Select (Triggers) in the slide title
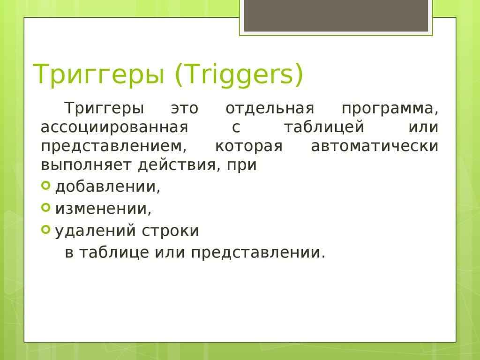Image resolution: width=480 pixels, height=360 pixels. pos(239,75)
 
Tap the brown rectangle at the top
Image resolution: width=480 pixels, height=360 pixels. pos(336,16)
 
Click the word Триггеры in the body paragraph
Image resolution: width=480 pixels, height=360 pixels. pos(104,109)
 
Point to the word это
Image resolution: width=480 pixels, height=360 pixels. pos(184,109)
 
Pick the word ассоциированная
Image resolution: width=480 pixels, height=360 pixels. pos(114,127)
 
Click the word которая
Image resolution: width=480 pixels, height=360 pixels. pos(249,146)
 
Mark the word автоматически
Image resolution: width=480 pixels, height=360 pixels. pos(375,146)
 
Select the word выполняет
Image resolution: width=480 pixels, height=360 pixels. pos(87,165)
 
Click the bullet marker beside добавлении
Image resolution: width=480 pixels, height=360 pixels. pos(45,186)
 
